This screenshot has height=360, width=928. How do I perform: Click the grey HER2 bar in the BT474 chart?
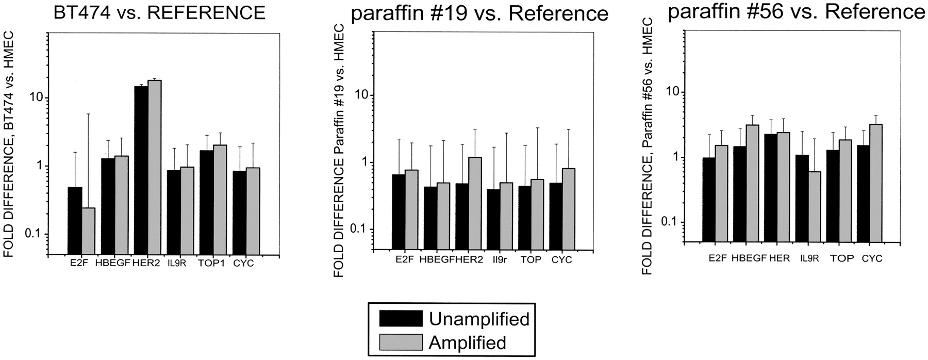(155, 167)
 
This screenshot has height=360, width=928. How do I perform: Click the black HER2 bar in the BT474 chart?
(141, 170)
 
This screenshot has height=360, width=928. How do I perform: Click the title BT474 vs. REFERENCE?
(160, 12)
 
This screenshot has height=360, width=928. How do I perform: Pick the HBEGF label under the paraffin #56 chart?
(747, 258)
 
